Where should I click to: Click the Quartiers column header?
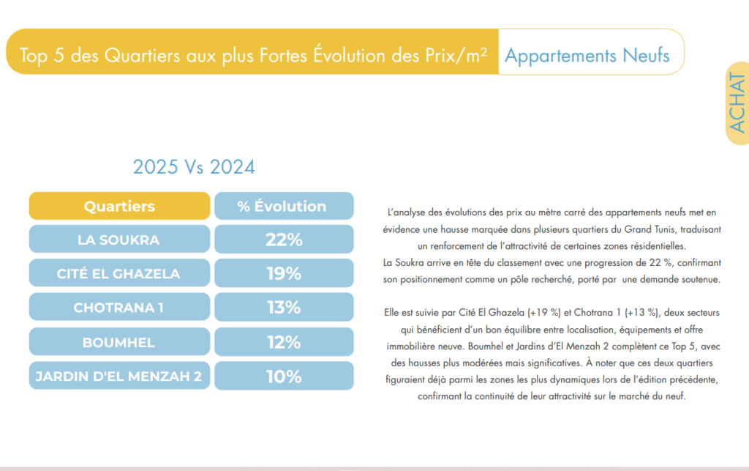(x=119, y=206)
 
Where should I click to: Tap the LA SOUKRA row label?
(x=118, y=240)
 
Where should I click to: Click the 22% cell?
(x=283, y=240)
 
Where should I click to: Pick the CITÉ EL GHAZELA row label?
(x=118, y=273)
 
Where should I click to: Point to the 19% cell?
(x=283, y=273)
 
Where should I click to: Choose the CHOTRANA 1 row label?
(x=118, y=308)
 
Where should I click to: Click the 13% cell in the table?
(x=283, y=308)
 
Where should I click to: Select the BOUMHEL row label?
(x=118, y=342)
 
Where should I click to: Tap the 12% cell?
(x=283, y=342)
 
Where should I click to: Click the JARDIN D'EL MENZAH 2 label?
(x=118, y=377)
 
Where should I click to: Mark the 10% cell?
(x=283, y=377)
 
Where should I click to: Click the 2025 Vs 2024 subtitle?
(x=194, y=167)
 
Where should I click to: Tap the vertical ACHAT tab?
(x=737, y=103)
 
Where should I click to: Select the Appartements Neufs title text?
(x=587, y=56)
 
